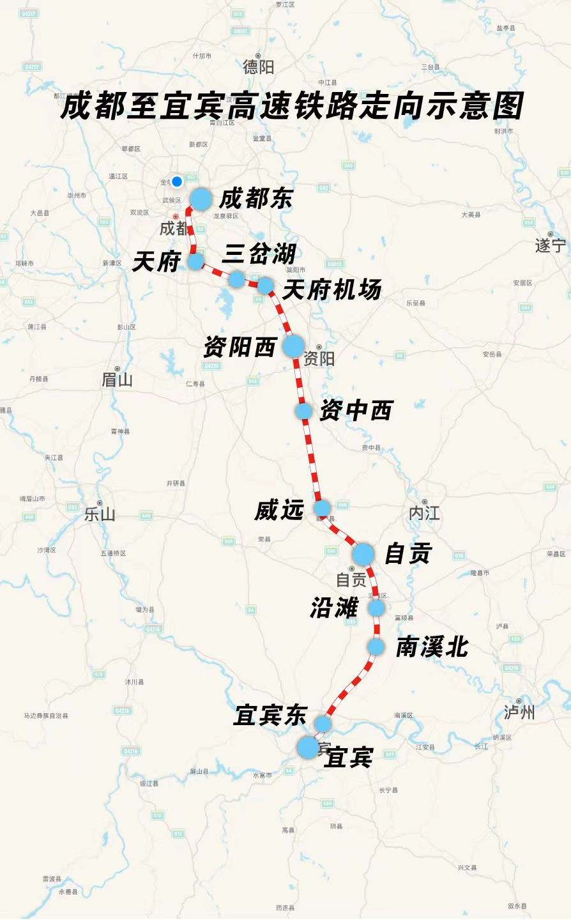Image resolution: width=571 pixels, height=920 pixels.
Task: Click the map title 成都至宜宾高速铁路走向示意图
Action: pos(292,105)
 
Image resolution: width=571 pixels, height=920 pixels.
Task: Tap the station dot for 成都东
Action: pos(201,199)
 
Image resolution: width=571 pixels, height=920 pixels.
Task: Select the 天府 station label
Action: pos(156,261)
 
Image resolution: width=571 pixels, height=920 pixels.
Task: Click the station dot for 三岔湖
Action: pos(236,279)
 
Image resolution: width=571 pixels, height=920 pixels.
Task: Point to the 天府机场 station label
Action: pos(331,290)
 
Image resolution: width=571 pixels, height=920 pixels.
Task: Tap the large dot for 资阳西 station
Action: pos(293,346)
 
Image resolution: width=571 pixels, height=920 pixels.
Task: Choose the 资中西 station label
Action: pos(355,410)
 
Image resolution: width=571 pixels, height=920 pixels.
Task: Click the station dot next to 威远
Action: pos(322,509)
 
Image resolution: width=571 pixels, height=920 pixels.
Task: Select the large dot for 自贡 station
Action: pos(363,554)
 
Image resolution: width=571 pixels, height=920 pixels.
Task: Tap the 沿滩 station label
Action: pos(333,608)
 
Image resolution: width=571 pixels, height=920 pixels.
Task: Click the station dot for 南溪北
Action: pos(376,647)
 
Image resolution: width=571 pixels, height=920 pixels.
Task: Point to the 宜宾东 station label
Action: pos(270,715)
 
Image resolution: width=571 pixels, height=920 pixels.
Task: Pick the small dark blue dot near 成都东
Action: pos(177,181)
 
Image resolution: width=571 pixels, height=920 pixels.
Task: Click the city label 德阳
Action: pos(258,66)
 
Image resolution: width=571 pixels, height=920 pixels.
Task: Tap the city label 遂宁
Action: pos(551,245)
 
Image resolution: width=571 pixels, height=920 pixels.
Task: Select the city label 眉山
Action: pos(117,379)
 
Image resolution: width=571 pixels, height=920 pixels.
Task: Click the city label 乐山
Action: pos(100,514)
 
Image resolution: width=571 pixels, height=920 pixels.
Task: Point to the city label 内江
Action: pos(424,512)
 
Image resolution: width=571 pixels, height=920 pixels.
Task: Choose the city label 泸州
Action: pos(519,712)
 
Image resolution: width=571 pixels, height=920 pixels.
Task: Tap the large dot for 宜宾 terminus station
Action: pos(308,747)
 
